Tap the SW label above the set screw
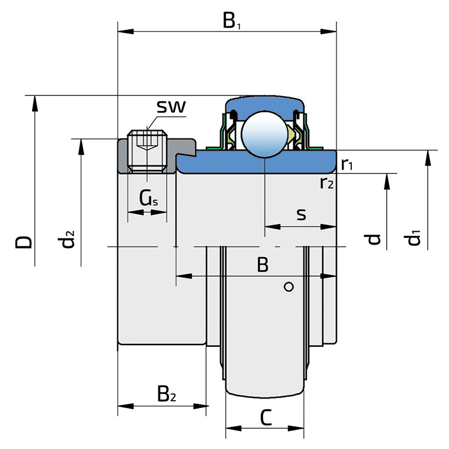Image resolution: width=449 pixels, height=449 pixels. [x=171, y=107]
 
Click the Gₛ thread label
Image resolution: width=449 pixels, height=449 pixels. [x=148, y=198]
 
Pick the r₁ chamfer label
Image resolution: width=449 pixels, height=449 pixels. [x=347, y=164]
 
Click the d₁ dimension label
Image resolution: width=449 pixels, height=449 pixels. [x=414, y=239]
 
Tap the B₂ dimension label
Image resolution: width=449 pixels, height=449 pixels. [x=166, y=393]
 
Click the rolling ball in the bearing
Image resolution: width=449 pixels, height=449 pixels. [x=264, y=135]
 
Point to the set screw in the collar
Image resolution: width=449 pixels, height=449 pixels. [x=147, y=150]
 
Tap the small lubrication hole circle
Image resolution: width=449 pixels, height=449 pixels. [x=289, y=287]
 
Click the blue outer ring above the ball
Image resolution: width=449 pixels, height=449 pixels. [x=264, y=104]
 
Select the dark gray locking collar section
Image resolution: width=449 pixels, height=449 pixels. [x=123, y=157]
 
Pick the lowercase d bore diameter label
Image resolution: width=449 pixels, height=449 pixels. [x=374, y=240]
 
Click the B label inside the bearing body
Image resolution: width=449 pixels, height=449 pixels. [x=263, y=265]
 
